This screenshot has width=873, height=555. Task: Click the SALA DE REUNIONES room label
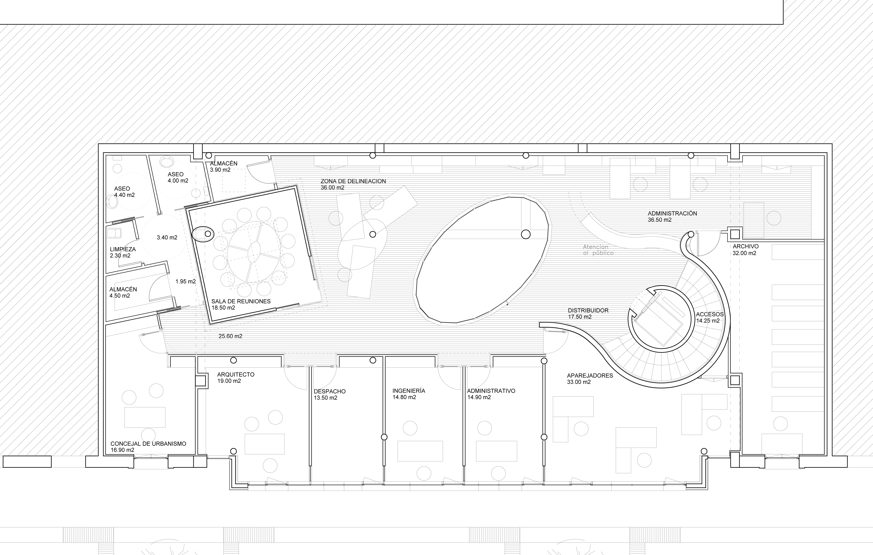point(241,301)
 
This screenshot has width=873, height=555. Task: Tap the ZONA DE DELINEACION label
point(353,181)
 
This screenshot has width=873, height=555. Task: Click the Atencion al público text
point(598,250)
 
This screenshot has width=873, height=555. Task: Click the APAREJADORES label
point(590,376)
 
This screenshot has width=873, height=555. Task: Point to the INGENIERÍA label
point(409,391)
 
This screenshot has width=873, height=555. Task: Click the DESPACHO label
point(330,391)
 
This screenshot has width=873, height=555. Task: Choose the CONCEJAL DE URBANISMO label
point(148,444)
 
